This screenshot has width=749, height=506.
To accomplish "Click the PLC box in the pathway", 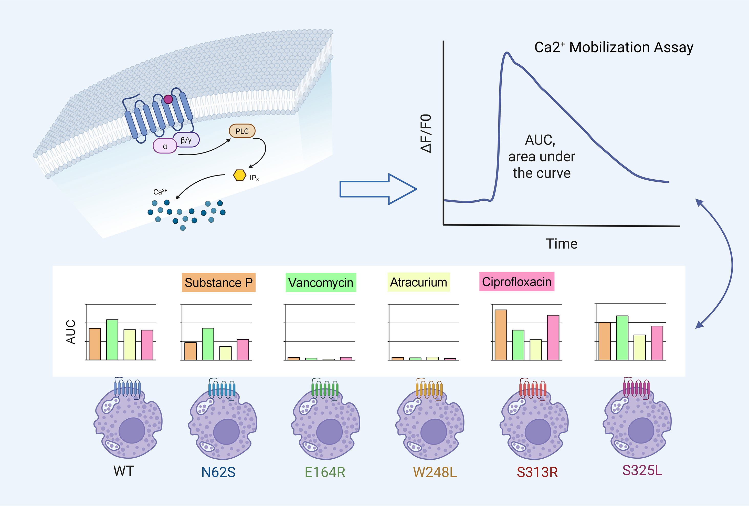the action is [x=242, y=131].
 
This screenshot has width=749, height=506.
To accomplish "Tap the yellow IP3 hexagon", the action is [x=239, y=175].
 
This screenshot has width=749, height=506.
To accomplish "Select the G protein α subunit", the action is [x=165, y=146].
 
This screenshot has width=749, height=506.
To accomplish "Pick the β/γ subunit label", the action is [x=186, y=140].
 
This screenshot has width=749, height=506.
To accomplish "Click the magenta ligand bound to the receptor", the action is [x=168, y=99].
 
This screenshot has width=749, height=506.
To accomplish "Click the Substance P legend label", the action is [x=218, y=283].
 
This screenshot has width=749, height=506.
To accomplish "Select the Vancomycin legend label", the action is [x=321, y=283].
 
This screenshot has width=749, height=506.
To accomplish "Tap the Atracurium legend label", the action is [x=418, y=282].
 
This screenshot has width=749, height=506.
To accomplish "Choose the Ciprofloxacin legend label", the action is [x=517, y=282].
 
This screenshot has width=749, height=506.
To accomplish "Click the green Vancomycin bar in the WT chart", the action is [x=112, y=339].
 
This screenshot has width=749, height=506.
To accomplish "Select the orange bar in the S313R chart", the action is [x=501, y=335].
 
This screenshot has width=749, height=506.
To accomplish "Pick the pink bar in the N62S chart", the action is [x=243, y=349].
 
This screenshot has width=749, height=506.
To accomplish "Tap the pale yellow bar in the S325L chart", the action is [x=640, y=347].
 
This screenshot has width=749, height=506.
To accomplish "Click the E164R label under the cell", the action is [x=325, y=472].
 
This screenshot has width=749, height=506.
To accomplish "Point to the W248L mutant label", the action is [x=435, y=472].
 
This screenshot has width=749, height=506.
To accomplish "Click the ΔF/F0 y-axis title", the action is [x=426, y=133].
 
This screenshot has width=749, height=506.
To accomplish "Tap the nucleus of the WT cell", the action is [x=132, y=430].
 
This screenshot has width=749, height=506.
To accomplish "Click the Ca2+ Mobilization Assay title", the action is [x=614, y=47].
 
